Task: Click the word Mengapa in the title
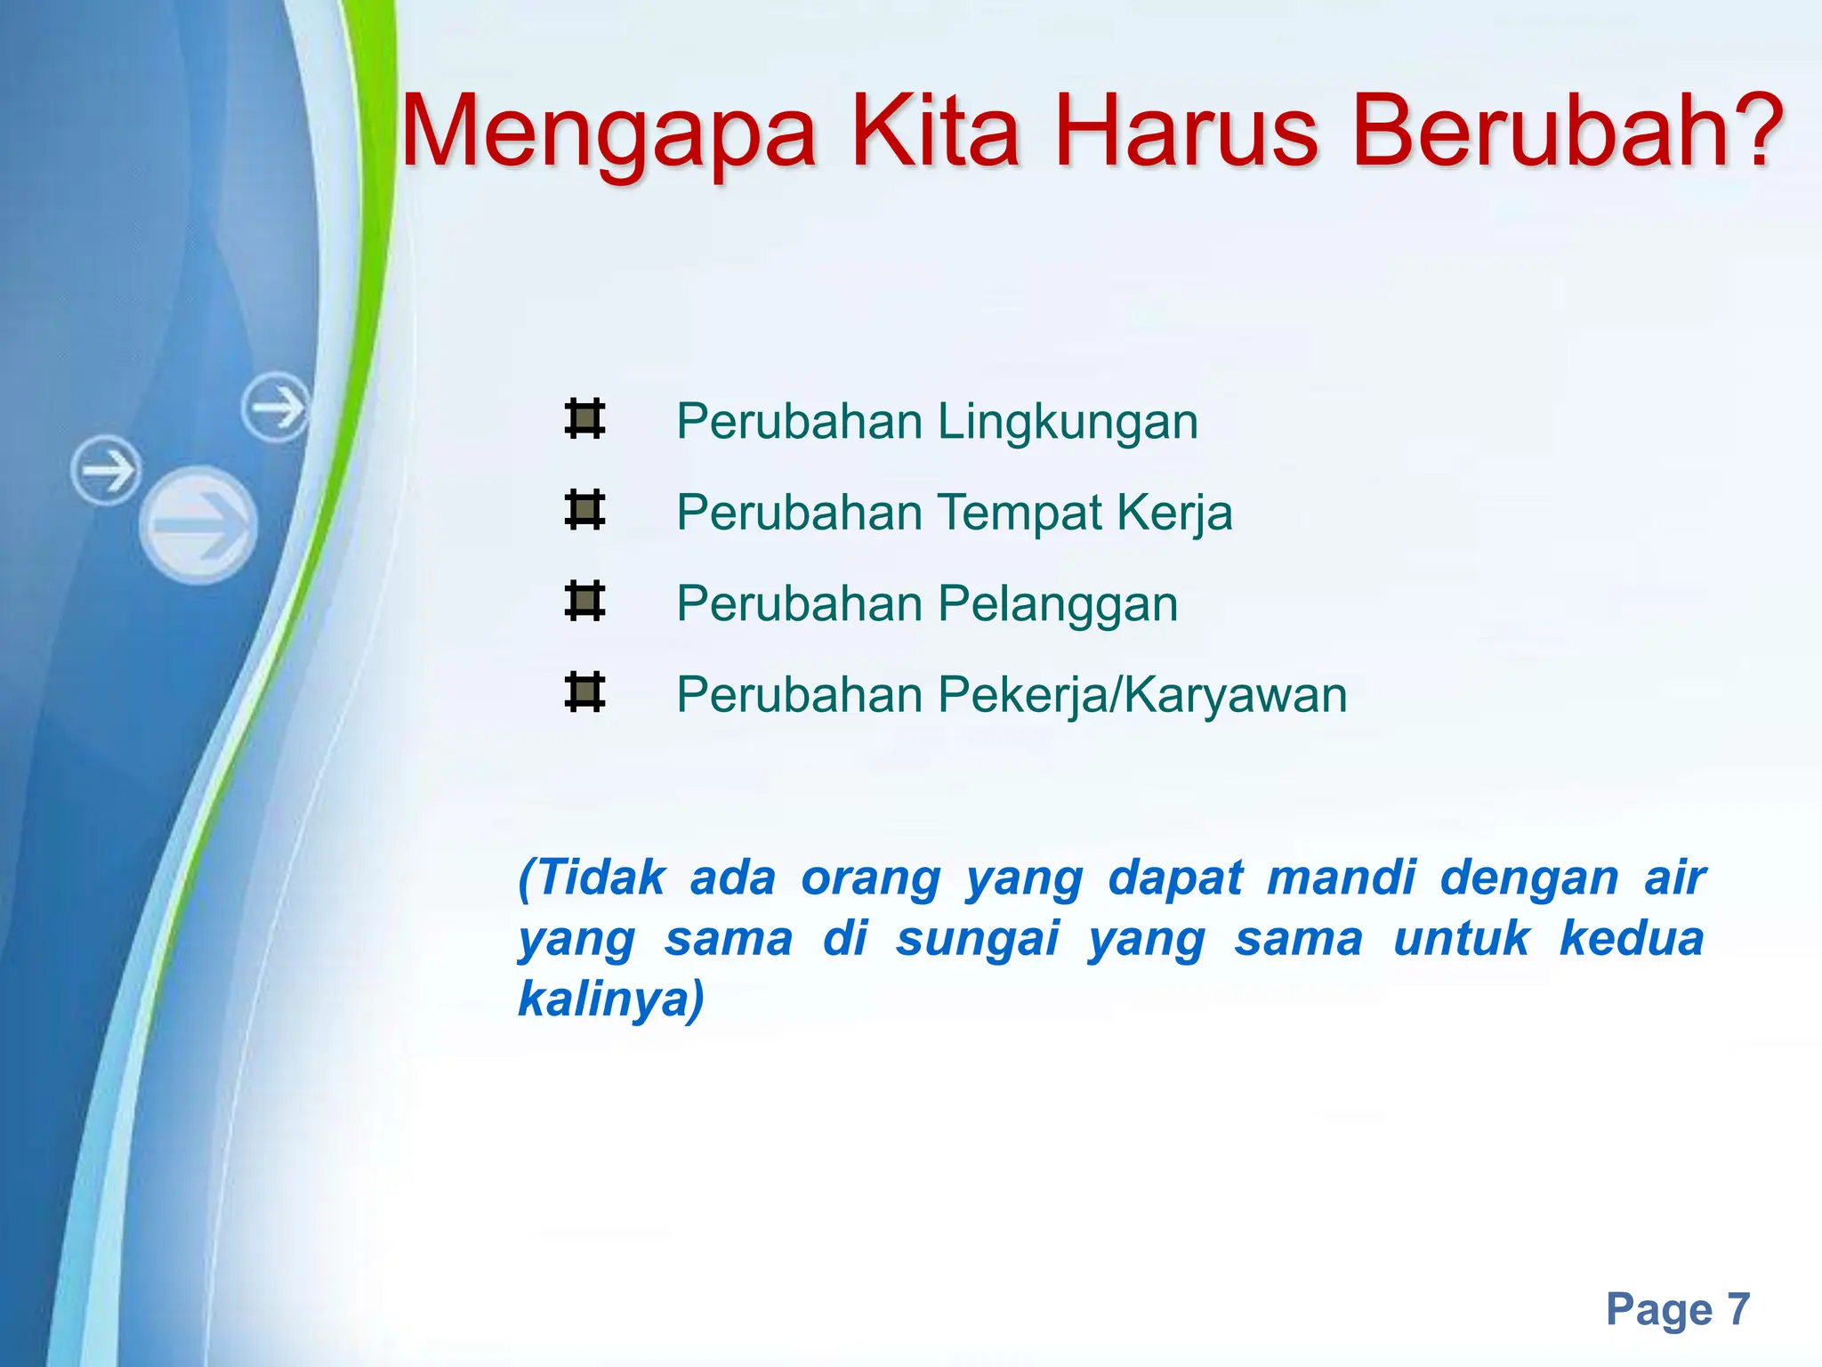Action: tap(609, 133)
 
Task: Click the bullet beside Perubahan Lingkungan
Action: tap(584, 419)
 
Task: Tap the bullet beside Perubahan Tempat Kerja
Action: tap(584, 511)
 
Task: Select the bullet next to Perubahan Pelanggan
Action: tap(584, 602)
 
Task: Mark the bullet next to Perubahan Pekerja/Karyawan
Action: tap(584, 693)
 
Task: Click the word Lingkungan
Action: tap(1068, 422)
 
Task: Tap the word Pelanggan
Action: tap(1058, 605)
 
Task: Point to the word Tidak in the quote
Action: tap(601, 878)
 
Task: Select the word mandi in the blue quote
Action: tap(1341, 878)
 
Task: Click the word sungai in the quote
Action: tap(978, 939)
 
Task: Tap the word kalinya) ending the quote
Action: tap(611, 999)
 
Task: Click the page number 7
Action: tap(1737, 1309)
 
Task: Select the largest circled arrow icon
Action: tap(198, 524)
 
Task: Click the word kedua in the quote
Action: tap(1632, 938)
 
